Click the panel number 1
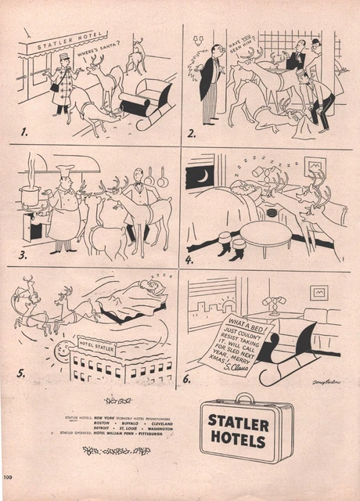click(x=24, y=124)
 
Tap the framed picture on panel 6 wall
click(x=319, y=292)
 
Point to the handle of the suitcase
click(x=246, y=398)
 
